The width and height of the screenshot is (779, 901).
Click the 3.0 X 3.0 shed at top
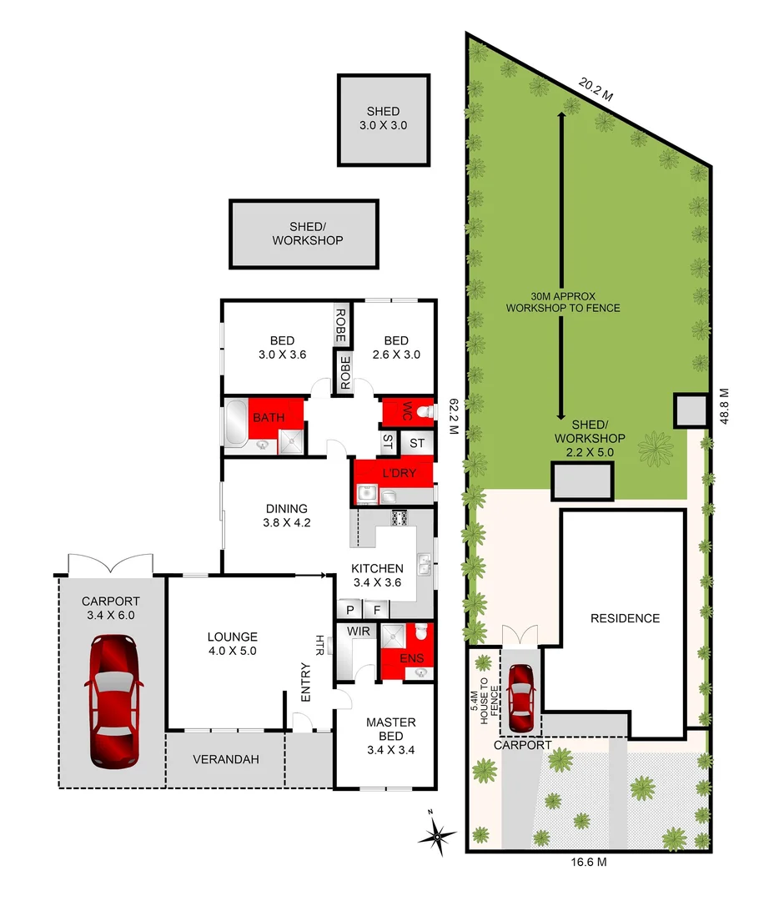click(x=384, y=119)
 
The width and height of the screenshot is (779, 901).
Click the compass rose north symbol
click(x=440, y=834)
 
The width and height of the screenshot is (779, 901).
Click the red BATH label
click(x=269, y=417)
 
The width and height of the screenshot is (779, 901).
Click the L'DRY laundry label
click(x=393, y=472)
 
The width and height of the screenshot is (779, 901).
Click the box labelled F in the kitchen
click(x=376, y=610)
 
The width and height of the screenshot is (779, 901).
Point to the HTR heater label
click(x=319, y=643)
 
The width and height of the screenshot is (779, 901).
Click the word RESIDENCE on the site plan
click(x=625, y=618)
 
